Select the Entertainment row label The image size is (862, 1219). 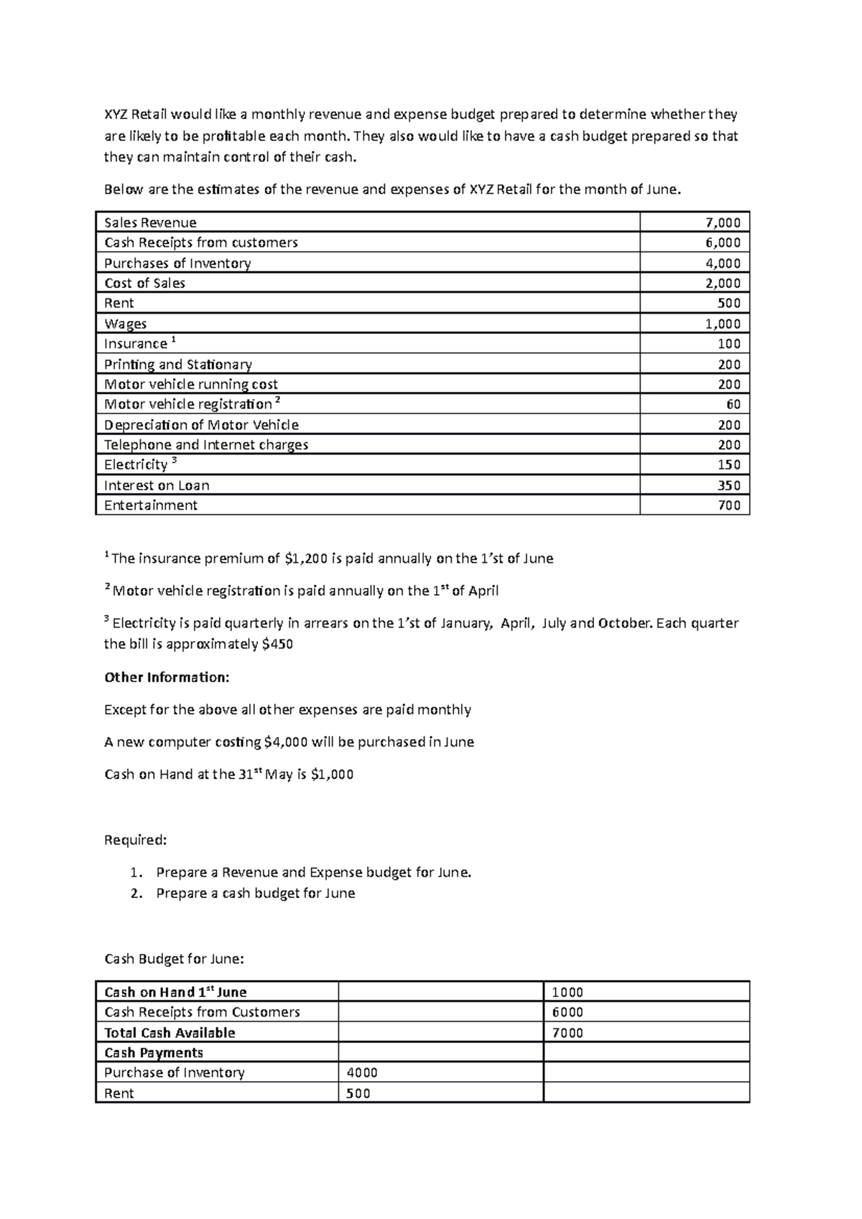[150, 505]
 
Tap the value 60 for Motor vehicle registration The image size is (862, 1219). [733, 404]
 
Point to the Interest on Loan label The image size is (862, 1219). [157, 485]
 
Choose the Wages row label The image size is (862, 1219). [125, 324]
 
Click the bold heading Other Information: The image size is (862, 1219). [167, 677]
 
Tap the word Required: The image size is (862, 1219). [136, 840]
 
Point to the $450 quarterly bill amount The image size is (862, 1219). [278, 644]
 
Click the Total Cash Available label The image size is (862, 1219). [170, 1033]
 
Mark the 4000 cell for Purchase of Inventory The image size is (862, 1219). [362, 1073]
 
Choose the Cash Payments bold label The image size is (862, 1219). [154, 1053]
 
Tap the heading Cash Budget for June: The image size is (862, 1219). [174, 959]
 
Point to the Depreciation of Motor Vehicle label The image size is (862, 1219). [201, 425]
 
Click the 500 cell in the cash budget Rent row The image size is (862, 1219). [358, 1093]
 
